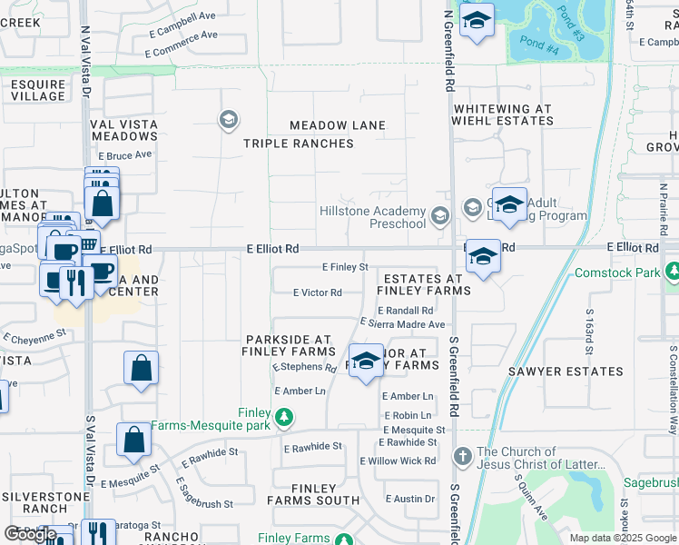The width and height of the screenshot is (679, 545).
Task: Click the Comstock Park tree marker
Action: click(x=673, y=272)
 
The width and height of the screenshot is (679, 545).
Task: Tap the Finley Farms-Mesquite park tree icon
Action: click(x=285, y=418)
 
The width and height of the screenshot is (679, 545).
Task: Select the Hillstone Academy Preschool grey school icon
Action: click(x=440, y=215)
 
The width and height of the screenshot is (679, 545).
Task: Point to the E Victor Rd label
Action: click(x=317, y=292)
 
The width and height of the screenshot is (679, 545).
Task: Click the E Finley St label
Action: click(x=345, y=267)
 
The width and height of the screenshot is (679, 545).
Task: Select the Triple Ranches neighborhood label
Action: click(x=298, y=144)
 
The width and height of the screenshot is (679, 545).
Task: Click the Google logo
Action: click(x=29, y=533)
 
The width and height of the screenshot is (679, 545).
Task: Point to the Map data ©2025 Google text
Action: click(x=623, y=538)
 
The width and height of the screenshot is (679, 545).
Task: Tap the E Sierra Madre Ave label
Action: click(x=402, y=323)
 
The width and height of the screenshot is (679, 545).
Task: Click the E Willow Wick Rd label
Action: click(x=398, y=461)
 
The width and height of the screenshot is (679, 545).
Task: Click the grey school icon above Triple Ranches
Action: click(x=228, y=118)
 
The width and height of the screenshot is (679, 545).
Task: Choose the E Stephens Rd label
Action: click(x=304, y=368)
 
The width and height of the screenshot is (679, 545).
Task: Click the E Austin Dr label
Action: click(x=410, y=499)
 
